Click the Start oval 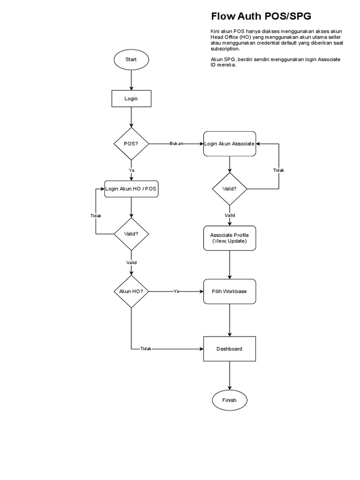[x=131, y=60]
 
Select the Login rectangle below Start [x=131, y=98]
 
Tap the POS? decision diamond [x=131, y=143]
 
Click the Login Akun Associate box [x=229, y=143]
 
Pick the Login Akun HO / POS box [x=131, y=188]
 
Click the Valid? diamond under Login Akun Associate [x=229, y=189]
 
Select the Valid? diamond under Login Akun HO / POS [x=131, y=233]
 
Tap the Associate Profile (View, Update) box [x=229, y=238]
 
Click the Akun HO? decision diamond [x=131, y=291]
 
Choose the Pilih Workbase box [x=229, y=291]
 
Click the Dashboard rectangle [x=229, y=349]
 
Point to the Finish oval [x=229, y=400]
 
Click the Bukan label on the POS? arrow [x=176, y=143]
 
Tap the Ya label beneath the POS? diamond [x=131, y=170]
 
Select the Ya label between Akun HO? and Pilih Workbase [x=176, y=291]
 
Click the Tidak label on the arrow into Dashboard [x=146, y=349]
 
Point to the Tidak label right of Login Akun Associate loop [x=278, y=170]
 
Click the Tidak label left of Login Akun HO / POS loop [x=96, y=216]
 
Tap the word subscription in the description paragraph [x=225, y=49]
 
